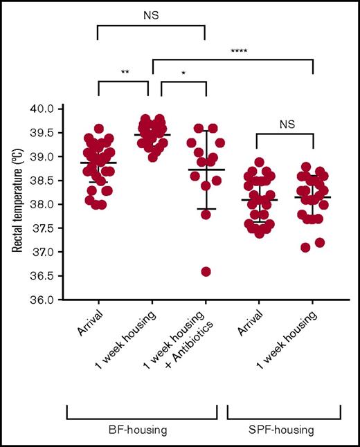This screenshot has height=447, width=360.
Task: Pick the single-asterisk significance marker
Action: tap(184, 72)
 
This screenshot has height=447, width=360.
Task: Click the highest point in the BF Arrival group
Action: tap(98, 129)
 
